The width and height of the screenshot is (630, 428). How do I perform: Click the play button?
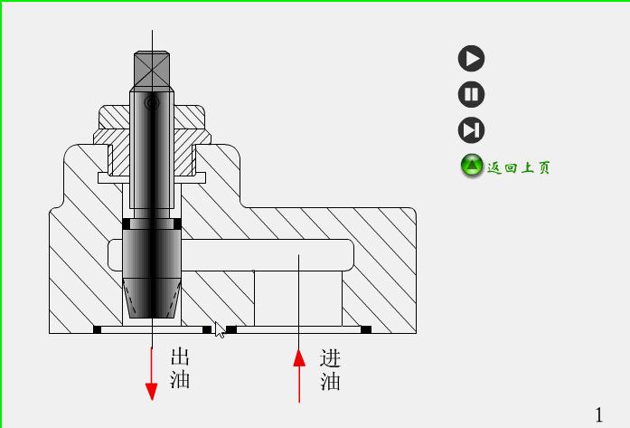(x=471, y=59)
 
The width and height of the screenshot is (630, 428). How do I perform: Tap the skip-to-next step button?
(x=471, y=130)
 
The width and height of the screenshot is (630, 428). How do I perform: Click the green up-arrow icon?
(x=472, y=166)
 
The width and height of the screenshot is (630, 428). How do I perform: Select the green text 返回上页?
(x=519, y=167)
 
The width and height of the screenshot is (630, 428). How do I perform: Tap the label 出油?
(x=180, y=367)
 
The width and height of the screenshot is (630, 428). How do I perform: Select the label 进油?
(x=330, y=369)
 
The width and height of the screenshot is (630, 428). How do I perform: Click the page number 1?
(x=598, y=414)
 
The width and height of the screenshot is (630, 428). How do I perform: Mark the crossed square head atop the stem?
(x=152, y=69)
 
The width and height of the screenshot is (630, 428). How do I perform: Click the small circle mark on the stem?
(x=152, y=104)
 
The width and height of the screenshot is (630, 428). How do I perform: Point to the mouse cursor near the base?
(x=219, y=329)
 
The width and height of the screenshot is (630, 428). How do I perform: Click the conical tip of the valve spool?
(x=152, y=299)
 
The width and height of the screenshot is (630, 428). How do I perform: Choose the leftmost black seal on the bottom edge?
(x=98, y=329)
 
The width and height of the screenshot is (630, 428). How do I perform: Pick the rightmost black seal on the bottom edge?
(x=366, y=329)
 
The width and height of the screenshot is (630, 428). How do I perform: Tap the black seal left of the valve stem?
(x=127, y=224)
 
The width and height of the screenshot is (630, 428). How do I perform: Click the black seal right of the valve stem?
(x=177, y=224)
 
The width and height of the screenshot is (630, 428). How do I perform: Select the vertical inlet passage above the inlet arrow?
(x=297, y=298)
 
